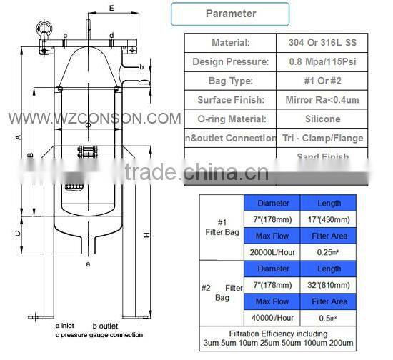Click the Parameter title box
tap(230, 14)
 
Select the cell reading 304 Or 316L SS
tap(322, 43)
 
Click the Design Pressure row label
tap(230, 62)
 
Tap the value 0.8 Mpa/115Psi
tap(322, 62)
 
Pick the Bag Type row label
tap(230, 81)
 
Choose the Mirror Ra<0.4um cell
tap(322, 100)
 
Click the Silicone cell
tap(322, 119)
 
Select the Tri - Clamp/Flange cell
tap(322, 138)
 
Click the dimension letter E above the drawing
tap(112, 8)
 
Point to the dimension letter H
tap(146, 235)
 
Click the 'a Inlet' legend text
tap(68, 326)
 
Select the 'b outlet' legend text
tap(106, 326)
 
